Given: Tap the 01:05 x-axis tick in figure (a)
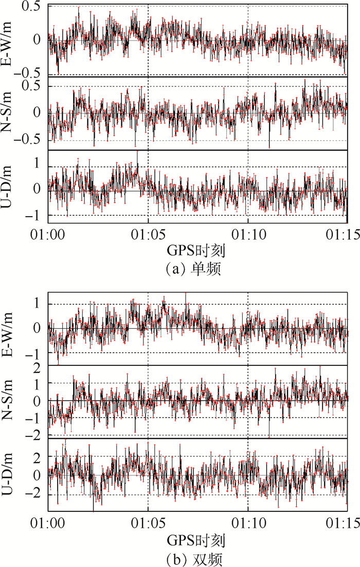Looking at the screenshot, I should coord(148,233).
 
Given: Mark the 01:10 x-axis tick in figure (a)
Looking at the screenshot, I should coord(248,233).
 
